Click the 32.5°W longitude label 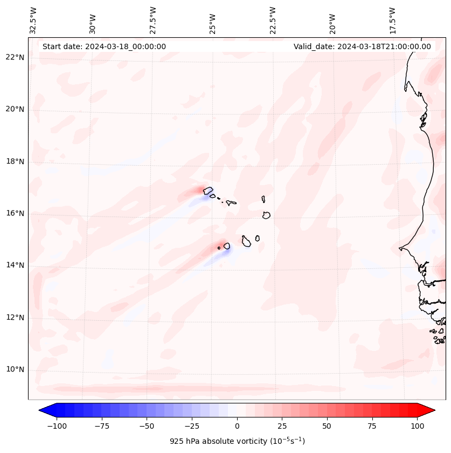(33, 20)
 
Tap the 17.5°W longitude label (392, 20)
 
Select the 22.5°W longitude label (273, 20)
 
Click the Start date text (104, 46)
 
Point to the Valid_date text (362, 46)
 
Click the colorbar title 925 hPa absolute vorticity (237, 441)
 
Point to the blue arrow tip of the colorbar (44, 410)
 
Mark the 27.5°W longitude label (153, 20)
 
